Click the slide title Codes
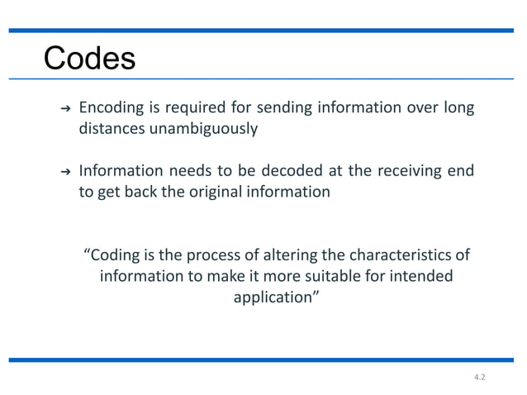pyautogui.click(x=89, y=59)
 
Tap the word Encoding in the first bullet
pyautogui.click(x=110, y=108)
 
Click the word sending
pyautogui.click(x=252, y=108)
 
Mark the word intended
pyautogui.click(x=420, y=275)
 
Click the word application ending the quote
pyautogui.click(x=273, y=297)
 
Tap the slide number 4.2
pyautogui.click(x=479, y=377)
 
